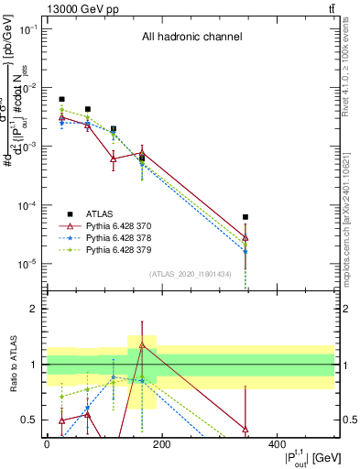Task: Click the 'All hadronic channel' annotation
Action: pos(191,38)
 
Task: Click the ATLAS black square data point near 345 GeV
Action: pos(245,217)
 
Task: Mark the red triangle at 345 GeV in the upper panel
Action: pos(245,238)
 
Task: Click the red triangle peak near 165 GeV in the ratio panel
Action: pos(142,345)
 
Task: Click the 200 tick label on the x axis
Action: pos(161,443)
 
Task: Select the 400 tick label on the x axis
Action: pos(277,443)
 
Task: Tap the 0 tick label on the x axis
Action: pos(47,443)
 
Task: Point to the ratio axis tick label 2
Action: pos(33,310)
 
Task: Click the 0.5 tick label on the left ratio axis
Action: pos(29,420)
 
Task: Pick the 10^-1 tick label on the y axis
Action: pos(27,30)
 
